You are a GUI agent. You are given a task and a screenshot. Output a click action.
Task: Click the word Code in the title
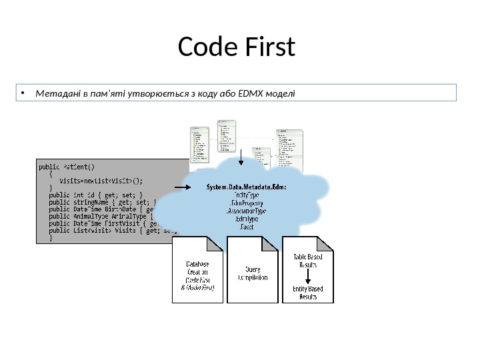pos(207,47)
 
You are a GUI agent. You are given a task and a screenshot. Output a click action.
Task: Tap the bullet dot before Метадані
pos(22,93)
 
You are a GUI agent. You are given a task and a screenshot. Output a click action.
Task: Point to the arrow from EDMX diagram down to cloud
pos(241,155)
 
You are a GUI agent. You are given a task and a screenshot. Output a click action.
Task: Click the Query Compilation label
pos(253,273)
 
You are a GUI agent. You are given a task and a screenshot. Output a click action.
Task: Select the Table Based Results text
pos(308,260)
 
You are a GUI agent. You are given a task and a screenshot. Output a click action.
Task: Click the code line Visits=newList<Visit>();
pos(100,180)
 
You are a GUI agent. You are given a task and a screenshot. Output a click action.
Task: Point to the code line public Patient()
pos(67,166)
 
